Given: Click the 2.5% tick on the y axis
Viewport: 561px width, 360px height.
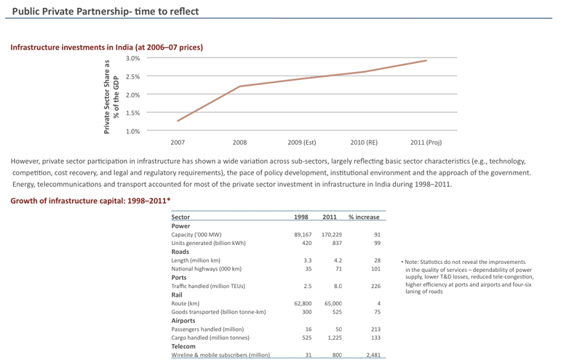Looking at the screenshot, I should (132, 76).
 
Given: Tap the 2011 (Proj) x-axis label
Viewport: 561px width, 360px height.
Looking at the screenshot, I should (426, 143).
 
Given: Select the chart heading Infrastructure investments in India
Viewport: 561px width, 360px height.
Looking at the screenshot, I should (106, 47).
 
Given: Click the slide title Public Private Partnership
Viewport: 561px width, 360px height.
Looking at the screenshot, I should (105, 12).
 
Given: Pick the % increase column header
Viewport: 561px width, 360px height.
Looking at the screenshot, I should (364, 217).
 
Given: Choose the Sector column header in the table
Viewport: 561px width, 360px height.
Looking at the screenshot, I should (180, 217).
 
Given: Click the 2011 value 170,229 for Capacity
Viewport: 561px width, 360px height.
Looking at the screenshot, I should (332, 235).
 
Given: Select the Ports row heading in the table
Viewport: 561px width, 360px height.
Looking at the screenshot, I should (179, 277).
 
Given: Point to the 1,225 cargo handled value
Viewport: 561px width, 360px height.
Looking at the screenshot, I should (334, 337).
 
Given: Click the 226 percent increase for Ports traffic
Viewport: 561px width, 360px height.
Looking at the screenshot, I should (377, 286).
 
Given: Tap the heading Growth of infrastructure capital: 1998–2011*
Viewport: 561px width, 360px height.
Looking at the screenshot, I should (90, 200).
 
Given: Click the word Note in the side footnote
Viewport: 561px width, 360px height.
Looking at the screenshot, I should (413, 262).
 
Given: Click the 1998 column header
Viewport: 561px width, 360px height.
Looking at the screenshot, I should (301, 217).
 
